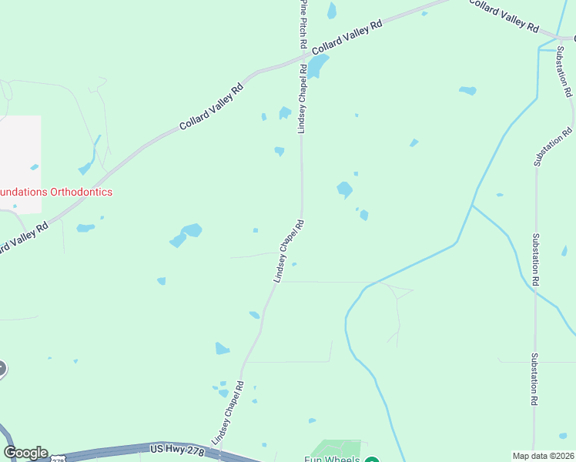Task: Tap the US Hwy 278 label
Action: (177, 450)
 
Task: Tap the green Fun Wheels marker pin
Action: (372, 460)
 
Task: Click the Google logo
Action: (25, 453)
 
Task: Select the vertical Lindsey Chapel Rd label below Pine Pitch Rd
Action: (303, 99)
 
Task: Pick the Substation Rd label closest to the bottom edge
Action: (534, 380)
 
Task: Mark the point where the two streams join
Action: (472, 205)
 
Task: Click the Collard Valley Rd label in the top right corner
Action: (504, 15)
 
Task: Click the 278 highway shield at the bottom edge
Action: (59, 459)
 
